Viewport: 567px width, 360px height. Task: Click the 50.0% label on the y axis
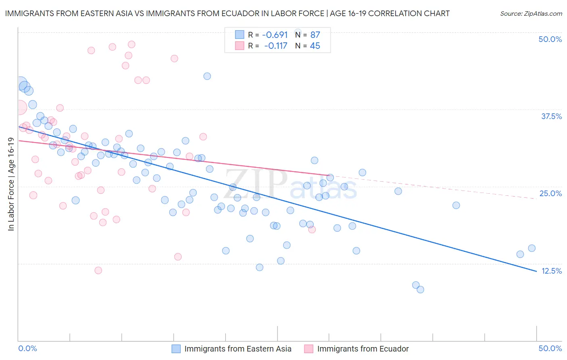(550, 39)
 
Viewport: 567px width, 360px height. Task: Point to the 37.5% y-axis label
(551, 116)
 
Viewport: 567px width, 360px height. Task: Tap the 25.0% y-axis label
(550, 193)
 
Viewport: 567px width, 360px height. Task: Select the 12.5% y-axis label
(551, 271)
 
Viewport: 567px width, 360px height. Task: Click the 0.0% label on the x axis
(27, 348)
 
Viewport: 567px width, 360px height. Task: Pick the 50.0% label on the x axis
(550, 348)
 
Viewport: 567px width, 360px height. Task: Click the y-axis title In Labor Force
(11, 184)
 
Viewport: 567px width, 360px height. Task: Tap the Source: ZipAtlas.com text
(531, 13)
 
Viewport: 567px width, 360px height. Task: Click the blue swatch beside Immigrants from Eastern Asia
(176, 349)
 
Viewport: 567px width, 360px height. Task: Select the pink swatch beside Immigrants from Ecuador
(309, 349)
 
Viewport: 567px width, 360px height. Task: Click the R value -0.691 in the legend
(275, 35)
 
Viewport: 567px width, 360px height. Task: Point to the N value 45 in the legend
(315, 46)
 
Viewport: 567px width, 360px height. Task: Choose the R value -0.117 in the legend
(275, 46)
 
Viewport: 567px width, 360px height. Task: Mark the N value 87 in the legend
(315, 35)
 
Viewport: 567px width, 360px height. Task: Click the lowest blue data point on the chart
(420, 289)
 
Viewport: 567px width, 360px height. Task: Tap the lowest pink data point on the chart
(98, 270)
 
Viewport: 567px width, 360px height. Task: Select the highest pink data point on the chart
(131, 44)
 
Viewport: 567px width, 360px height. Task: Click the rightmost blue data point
(532, 248)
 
